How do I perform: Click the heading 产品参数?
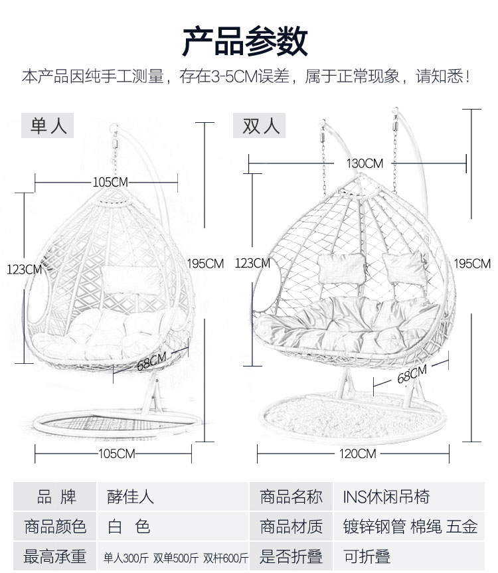coord(245,41)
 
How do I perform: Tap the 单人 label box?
coord(48,125)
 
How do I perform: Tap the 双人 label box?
coord(259,125)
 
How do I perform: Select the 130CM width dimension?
coord(365,163)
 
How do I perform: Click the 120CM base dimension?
coord(357,453)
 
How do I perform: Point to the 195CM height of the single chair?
coord(205,264)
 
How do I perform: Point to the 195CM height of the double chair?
coord(472,264)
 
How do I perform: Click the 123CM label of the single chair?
coord(24,269)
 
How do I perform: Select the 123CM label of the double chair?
coord(252,263)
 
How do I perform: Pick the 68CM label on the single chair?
coord(152,362)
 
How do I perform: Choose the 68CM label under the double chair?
coord(412,375)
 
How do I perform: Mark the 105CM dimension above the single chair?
coord(110,182)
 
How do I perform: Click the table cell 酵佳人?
coord(130,496)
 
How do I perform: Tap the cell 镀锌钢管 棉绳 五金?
coord(410,527)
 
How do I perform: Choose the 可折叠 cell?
coord(367,556)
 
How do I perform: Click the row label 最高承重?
coord(56,556)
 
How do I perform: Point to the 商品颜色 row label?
coord(56,527)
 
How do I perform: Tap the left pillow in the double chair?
coord(341,268)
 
